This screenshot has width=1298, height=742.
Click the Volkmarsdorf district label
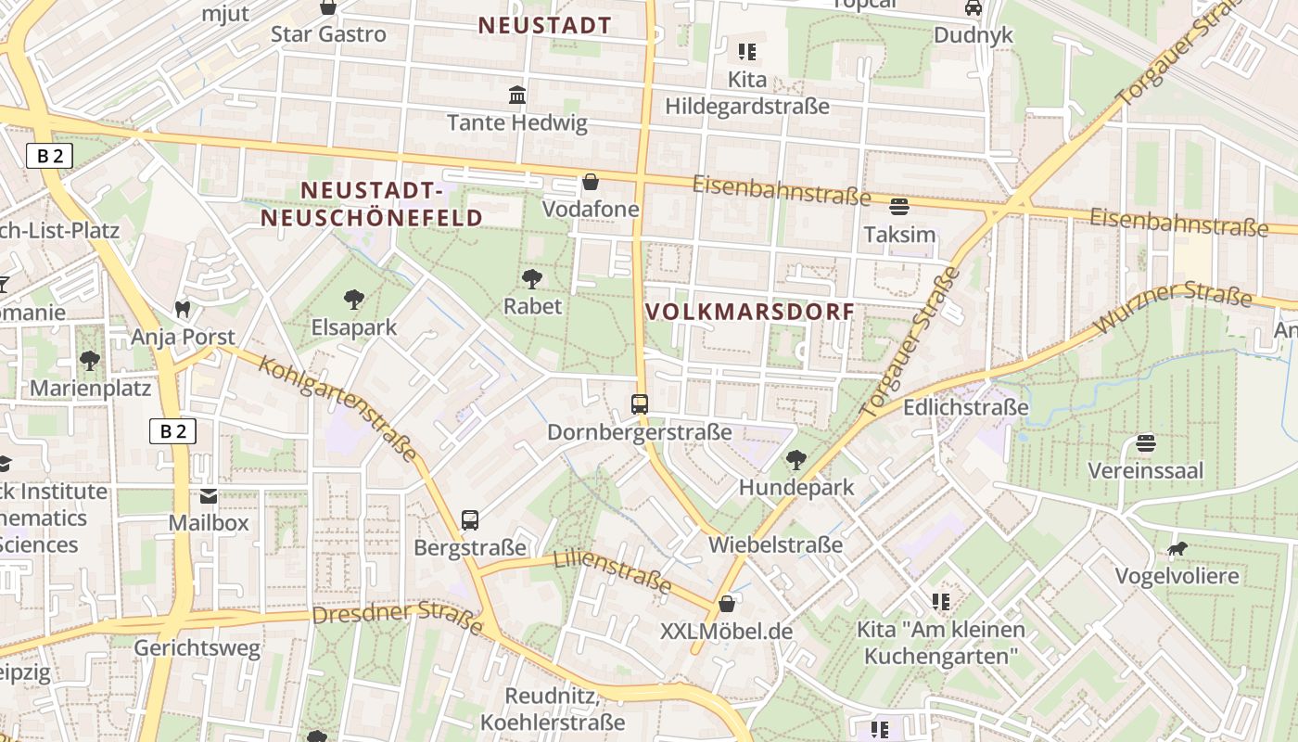(749, 312)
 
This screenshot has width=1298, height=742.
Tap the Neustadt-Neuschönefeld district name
(372, 205)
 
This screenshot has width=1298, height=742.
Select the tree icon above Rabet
(532, 278)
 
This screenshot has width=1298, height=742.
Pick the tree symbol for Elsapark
(353, 300)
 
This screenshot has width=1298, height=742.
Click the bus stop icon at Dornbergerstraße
(640, 404)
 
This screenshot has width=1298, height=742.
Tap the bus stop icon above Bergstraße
(470, 520)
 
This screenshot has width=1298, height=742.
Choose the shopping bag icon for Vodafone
(591, 182)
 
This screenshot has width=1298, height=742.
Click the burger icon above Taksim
(898, 207)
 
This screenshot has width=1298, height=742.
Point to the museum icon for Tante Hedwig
(517, 95)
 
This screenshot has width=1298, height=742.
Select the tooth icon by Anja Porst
(183, 309)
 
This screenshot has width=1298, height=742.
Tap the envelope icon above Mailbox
(209, 496)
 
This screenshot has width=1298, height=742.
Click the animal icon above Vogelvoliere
(1177, 549)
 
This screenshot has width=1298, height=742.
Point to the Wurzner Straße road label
(1173, 310)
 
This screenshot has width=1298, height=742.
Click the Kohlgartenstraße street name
(337, 408)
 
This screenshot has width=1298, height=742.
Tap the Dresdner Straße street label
(398, 620)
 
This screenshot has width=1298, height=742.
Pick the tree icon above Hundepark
(795, 459)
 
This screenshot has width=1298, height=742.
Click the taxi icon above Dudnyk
(973, 7)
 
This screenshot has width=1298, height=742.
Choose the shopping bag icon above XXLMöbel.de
(727, 604)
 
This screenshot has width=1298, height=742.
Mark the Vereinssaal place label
(1145, 470)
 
